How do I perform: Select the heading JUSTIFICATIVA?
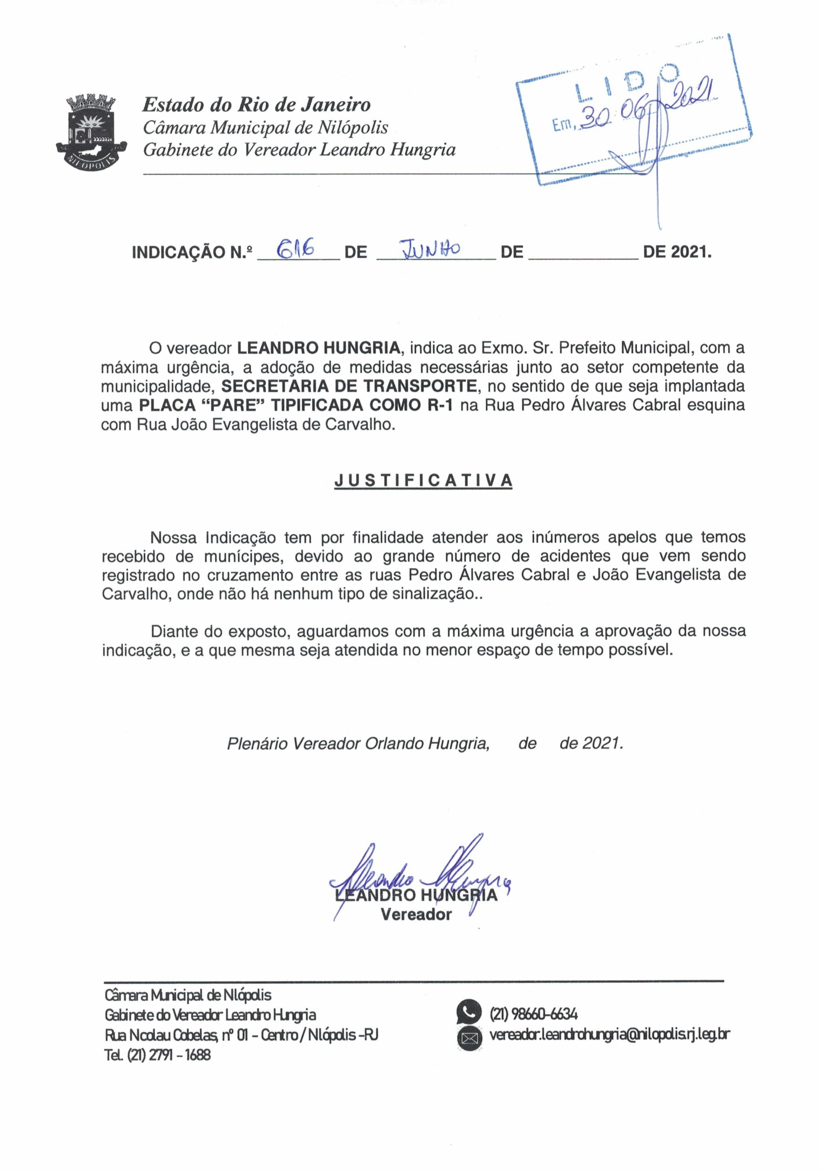tap(423, 480)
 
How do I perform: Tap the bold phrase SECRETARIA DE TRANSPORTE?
tap(351, 386)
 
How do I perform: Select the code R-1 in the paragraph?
tap(440, 405)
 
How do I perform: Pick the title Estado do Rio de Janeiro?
tap(256, 105)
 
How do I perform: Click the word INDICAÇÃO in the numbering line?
tap(178, 252)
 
